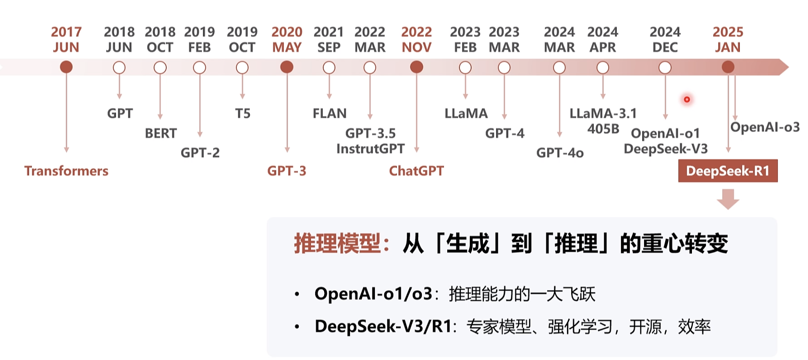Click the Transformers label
pyautogui.click(x=66, y=171)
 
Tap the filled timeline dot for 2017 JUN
pyautogui.click(x=66, y=67)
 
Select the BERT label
pyautogui.click(x=161, y=133)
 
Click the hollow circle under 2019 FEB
pyautogui.click(x=200, y=68)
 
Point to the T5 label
pyautogui.click(x=242, y=114)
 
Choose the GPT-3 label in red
pyautogui.click(x=287, y=171)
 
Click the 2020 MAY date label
pyautogui.click(x=287, y=39)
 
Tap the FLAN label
pyautogui.click(x=329, y=114)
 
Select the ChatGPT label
pyautogui.click(x=416, y=171)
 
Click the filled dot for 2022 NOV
pyautogui.click(x=416, y=67)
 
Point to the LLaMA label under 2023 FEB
pyautogui.click(x=466, y=114)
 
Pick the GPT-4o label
pyautogui.click(x=559, y=153)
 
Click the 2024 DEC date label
pyautogui.click(x=665, y=39)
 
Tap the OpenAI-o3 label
pyautogui.click(x=765, y=127)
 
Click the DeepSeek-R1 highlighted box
pyautogui.click(x=728, y=171)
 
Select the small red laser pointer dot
pyautogui.click(x=687, y=99)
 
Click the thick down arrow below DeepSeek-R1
pyautogui.click(x=728, y=199)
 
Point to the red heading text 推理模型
pyautogui.click(x=337, y=243)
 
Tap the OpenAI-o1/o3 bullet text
pyautogui.click(x=373, y=294)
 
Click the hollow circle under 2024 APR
pyautogui.click(x=603, y=68)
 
